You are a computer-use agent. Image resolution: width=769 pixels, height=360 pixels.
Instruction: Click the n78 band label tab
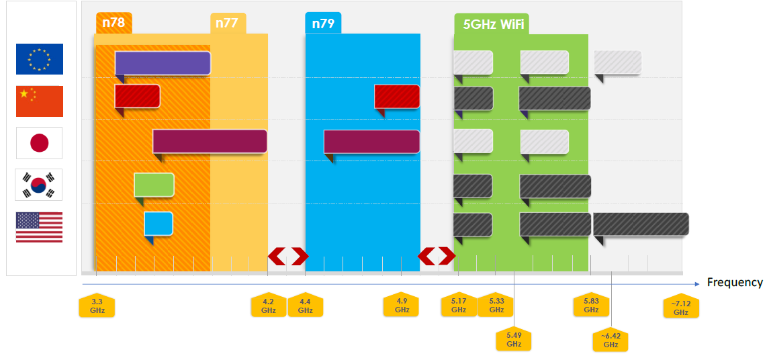[x=114, y=24]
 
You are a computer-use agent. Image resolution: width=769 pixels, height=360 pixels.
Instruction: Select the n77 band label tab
[x=228, y=24]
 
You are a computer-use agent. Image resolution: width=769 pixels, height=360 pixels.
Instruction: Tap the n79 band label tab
[x=322, y=24]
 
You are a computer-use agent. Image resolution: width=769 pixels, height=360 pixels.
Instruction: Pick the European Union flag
[x=40, y=59]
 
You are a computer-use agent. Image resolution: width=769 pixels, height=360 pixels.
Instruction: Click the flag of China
[x=40, y=101]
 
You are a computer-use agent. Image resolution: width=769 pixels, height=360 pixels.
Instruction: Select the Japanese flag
[x=40, y=142]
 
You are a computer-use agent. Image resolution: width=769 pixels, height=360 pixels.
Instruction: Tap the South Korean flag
[x=39, y=185]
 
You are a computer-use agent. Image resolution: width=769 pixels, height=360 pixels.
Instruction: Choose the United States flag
[x=40, y=227]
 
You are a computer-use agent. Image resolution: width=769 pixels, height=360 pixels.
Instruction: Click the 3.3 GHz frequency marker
[x=97, y=306]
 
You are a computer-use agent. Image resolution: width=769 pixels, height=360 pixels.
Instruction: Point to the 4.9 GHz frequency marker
[x=402, y=306]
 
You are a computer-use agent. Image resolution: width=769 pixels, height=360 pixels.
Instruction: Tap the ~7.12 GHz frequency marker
[x=681, y=307]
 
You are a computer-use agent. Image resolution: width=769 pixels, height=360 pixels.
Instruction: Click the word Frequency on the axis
[x=735, y=283]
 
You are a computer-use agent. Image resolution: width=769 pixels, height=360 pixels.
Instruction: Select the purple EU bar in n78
[x=163, y=62]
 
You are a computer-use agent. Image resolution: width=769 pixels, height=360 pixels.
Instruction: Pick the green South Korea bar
[x=154, y=185]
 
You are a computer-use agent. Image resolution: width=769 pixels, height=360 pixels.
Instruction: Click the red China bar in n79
[x=397, y=96]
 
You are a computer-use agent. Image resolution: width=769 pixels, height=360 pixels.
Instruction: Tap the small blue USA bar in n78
[x=159, y=224]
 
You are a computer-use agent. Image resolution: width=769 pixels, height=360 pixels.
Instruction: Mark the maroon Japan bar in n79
[x=371, y=141]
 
